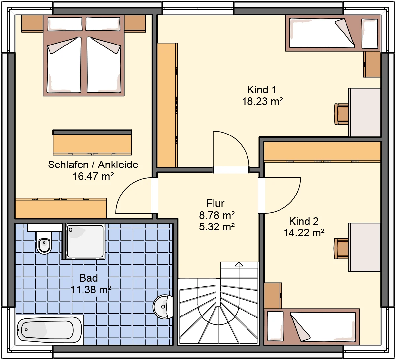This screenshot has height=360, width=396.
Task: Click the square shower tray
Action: point(85,241)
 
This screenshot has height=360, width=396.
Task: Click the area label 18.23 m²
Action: point(262,102)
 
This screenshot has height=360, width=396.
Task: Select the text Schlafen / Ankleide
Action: point(93,165)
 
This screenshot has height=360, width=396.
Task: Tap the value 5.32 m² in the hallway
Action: point(217,227)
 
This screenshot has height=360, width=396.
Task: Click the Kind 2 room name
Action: point(304,221)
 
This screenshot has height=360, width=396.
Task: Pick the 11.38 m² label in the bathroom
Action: point(91,290)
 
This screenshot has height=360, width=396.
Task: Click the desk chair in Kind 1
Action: point(341,114)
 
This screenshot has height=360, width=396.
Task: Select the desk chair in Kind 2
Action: point(341,249)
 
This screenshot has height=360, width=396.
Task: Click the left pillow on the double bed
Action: point(65,24)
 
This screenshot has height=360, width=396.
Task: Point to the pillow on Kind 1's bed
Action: point(370,34)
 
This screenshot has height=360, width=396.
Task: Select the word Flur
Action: point(215,203)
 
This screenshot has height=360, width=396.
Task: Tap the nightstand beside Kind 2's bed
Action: point(273,295)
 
